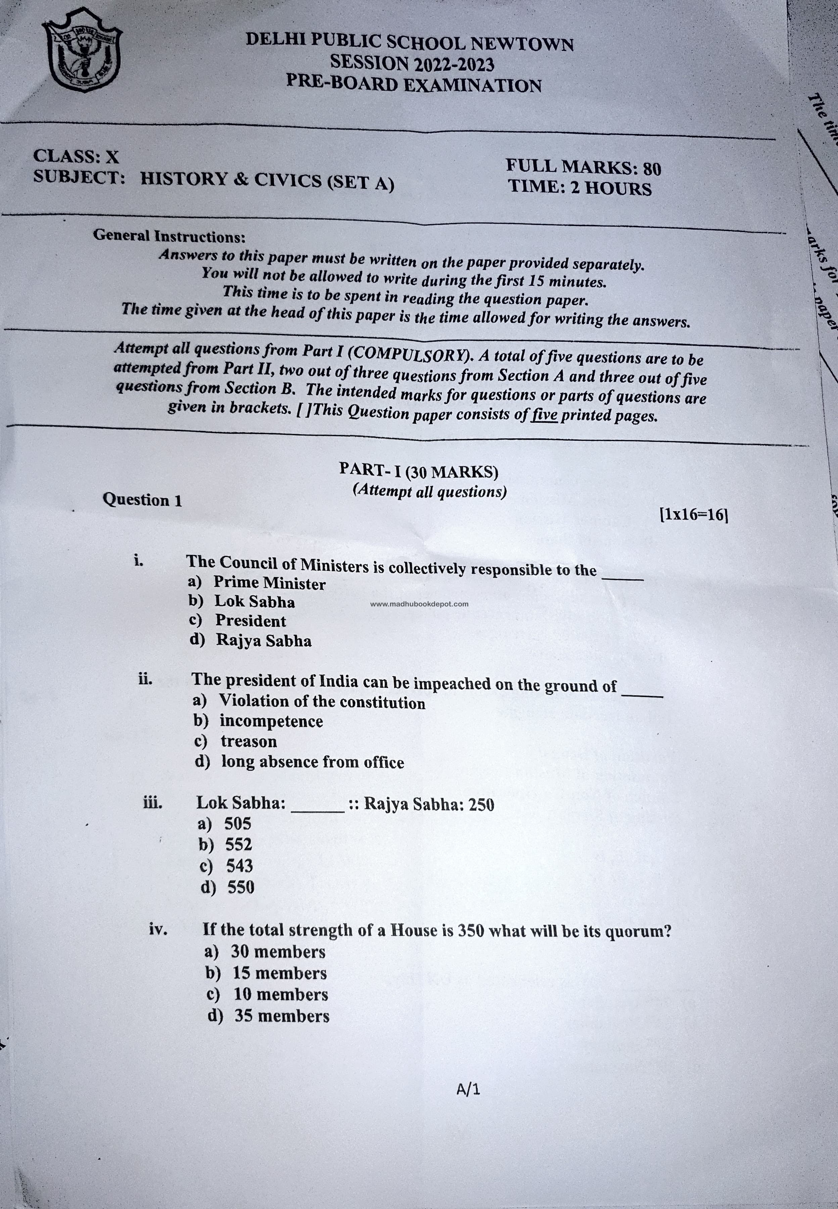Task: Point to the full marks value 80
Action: (652, 169)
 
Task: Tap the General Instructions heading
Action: (169, 236)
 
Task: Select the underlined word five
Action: (544, 415)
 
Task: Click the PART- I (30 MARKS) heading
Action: (418, 471)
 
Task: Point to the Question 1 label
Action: (142, 499)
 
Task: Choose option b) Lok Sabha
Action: (254, 601)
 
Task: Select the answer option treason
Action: (248, 741)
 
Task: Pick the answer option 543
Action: (239, 865)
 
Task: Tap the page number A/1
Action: (468, 1090)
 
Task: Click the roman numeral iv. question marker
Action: (158, 929)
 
